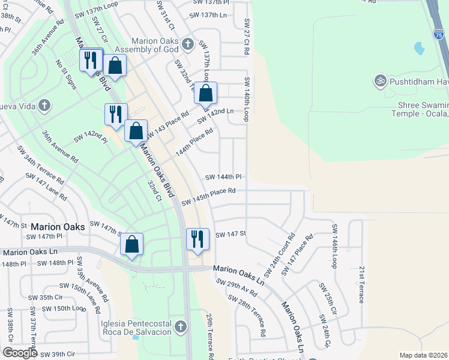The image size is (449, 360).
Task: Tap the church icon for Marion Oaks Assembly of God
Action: click(x=188, y=43)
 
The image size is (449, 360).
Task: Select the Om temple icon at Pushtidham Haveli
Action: click(x=379, y=80)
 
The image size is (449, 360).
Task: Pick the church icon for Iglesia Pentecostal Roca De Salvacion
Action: click(x=181, y=326)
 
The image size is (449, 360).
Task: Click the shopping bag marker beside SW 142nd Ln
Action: click(x=205, y=93)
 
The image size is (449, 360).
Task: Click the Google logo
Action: click(x=20, y=353)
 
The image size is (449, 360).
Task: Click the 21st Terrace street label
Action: click(x=361, y=284)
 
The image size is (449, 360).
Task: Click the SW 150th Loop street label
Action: click(x=66, y=308)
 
